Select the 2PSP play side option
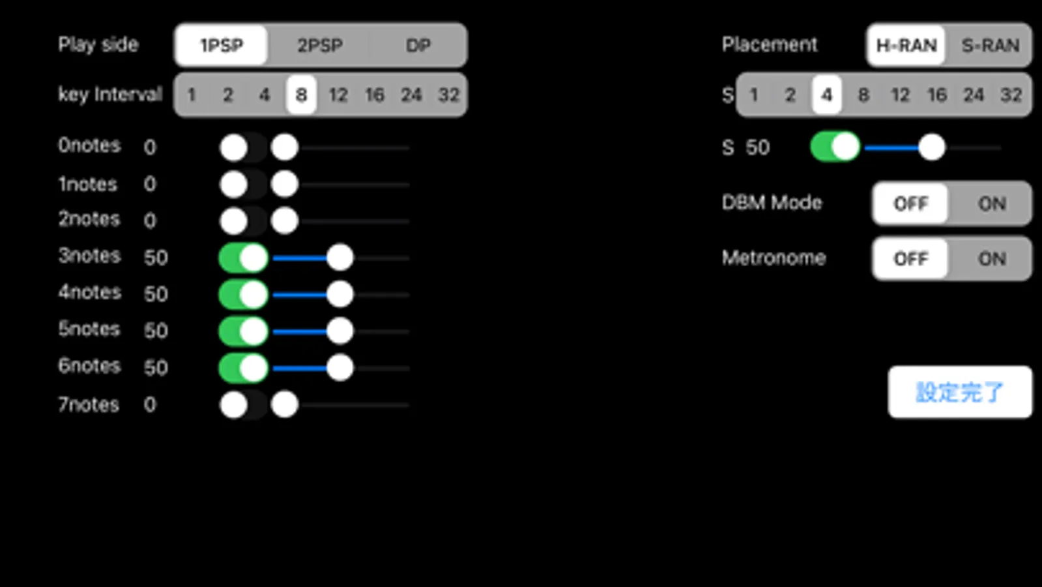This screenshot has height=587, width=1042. pos(320,46)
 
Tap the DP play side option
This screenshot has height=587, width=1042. pos(418,46)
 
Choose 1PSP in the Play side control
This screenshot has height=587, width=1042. pos(222,46)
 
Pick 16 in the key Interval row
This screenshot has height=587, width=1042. pos(375,95)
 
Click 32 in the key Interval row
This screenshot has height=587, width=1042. pos(448,95)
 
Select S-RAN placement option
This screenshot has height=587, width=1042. pos(990,46)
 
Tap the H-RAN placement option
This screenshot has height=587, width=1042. pos(906,46)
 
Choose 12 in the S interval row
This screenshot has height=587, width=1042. pos(900,95)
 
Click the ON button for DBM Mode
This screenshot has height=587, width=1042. pos(991,204)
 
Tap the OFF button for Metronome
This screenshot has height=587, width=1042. pos(910,259)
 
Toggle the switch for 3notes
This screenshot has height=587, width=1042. pos(243,258)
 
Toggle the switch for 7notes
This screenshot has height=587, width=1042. pos(243,405)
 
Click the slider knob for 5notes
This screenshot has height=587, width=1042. pos(340,331)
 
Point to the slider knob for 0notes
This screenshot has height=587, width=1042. pos(285,147)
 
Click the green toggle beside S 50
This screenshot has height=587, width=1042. pos(835,147)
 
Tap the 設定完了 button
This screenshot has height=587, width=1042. pos(959,392)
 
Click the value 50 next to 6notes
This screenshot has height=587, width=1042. pos(156,368)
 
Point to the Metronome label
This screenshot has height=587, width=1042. pos(774,258)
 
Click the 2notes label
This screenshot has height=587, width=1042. pos(89,219)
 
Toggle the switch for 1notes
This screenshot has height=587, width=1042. pos(243,185)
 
